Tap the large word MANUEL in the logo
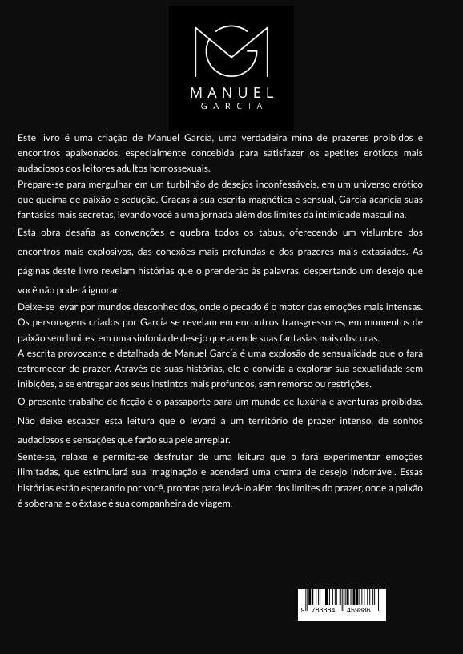tap(231, 93)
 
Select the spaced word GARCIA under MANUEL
tap(231, 107)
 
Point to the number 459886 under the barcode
tap(358, 611)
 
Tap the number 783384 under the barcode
tap(323, 611)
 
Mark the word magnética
tap(264, 200)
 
